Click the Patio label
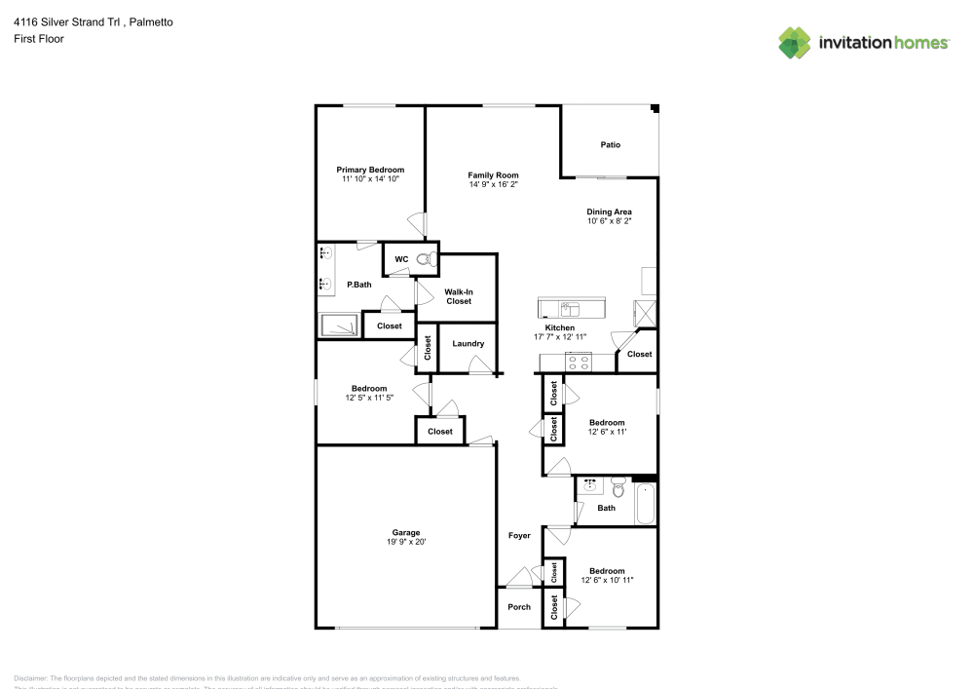point(610,145)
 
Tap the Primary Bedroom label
point(370,170)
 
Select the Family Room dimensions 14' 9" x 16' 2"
point(493,184)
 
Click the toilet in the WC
point(424,259)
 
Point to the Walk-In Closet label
point(459,296)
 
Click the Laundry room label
point(468,344)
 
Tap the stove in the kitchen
point(578,362)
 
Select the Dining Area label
point(609,211)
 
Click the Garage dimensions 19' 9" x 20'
point(406,542)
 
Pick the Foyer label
point(519,536)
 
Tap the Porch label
point(519,607)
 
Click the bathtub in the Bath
point(645,501)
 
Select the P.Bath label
point(359,286)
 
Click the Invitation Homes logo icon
point(795,42)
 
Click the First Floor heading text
point(39,39)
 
